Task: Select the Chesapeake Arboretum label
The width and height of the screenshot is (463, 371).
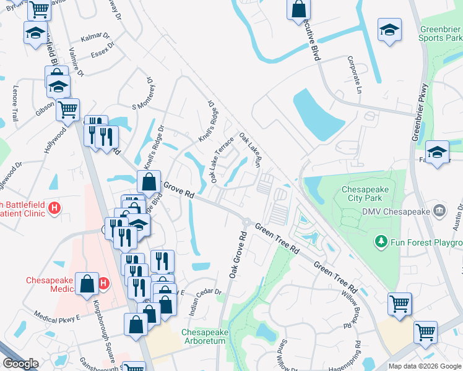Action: point(205,337)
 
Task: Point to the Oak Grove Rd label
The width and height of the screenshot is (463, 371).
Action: point(238,254)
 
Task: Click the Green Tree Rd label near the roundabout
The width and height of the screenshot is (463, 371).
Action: point(276,239)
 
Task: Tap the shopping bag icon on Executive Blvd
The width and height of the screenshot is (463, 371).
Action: point(298,9)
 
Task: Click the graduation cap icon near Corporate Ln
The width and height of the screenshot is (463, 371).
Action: point(389,29)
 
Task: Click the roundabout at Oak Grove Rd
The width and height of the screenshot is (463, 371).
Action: point(246,222)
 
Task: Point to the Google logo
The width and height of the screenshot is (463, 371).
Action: point(21,364)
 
